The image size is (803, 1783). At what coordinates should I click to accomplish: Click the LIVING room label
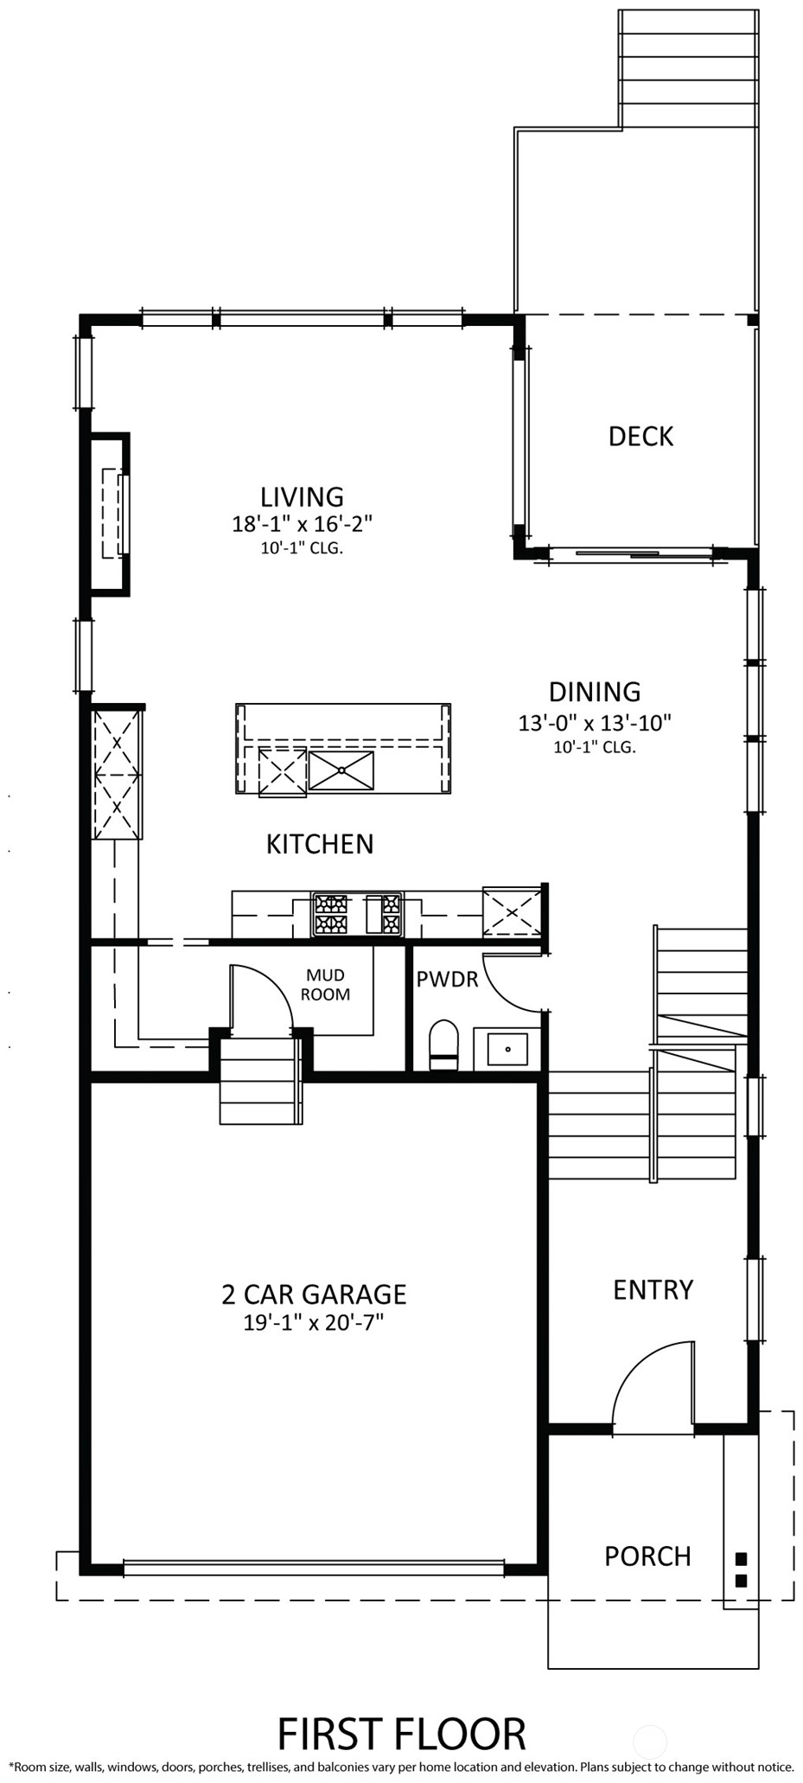coord(302,496)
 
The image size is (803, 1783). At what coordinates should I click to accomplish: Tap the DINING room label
coord(595,692)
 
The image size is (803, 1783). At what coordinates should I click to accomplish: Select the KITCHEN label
coord(320,844)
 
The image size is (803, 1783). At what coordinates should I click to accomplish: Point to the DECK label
coord(640,436)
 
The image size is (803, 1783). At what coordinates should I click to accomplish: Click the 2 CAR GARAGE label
coord(314,1294)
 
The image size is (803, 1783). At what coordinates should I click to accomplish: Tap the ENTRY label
coord(653,1290)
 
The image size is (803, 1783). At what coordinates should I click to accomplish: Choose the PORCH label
coord(647,1556)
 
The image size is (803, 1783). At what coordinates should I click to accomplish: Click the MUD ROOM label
coord(325,985)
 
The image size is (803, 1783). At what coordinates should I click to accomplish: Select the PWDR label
coord(447,979)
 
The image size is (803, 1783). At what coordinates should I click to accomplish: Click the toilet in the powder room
coord(443,1045)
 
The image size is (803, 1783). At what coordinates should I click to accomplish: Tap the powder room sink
coord(507,1049)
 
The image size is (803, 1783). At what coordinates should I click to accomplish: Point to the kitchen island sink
coord(341,770)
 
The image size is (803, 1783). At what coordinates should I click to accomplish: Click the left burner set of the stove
coord(330,915)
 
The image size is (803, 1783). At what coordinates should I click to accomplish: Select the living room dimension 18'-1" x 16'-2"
coord(302,524)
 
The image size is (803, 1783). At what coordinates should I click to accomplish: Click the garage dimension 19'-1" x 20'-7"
coord(313,1322)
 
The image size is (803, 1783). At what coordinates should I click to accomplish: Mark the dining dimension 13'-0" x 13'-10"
coord(595,722)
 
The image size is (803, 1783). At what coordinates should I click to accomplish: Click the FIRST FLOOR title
coord(401,1734)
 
